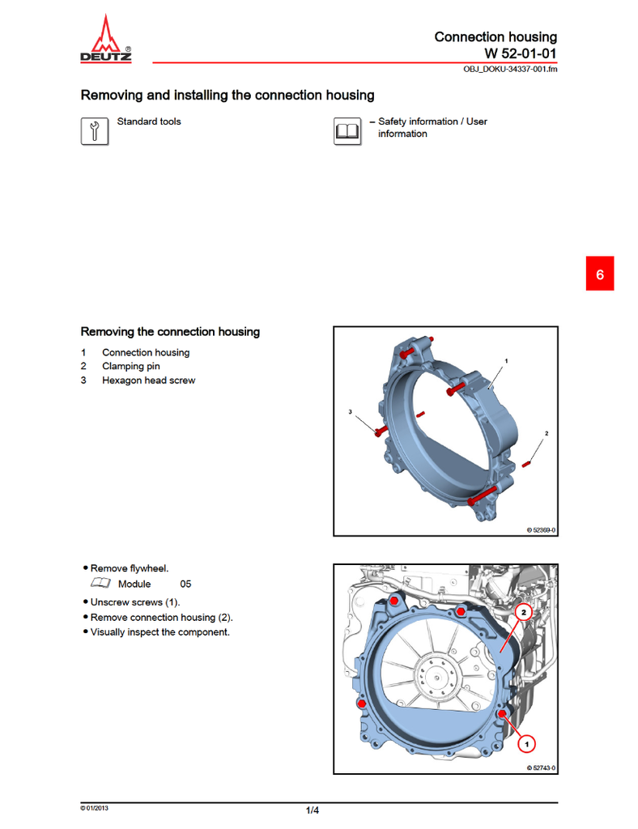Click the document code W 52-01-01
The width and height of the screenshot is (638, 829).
[521, 53]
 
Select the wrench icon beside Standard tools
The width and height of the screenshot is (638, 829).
[95, 131]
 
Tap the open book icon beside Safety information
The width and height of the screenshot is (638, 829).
[347, 131]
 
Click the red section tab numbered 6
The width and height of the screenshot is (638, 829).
[600, 274]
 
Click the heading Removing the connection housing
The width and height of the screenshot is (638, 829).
[170, 332]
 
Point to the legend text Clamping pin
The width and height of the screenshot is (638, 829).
[130, 367]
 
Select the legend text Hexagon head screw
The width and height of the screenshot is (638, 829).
[148, 380]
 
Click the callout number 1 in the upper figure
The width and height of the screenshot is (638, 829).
[506, 359]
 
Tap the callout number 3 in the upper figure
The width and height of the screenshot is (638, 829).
[351, 412]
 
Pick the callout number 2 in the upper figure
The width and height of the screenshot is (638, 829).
[547, 434]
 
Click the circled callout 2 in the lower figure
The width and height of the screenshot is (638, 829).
[524, 613]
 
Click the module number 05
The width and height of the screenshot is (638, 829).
[185, 584]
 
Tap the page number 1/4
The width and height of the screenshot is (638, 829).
[313, 810]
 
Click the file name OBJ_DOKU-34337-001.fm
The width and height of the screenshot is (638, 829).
[510, 69]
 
